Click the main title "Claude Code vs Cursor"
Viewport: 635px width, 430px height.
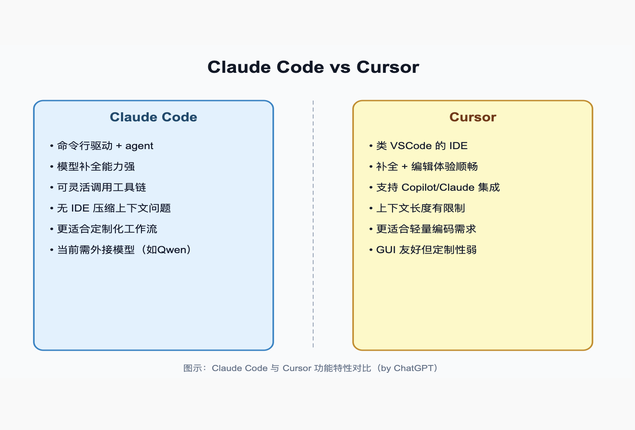(313, 67)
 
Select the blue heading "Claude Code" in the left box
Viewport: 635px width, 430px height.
(154, 117)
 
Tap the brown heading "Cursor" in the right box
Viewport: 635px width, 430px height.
(473, 117)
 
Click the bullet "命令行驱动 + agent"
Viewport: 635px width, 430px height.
(105, 146)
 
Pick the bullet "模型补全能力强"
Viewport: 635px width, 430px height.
(96, 166)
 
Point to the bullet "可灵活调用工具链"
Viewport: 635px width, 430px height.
(101, 187)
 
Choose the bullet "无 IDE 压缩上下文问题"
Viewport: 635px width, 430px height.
(114, 208)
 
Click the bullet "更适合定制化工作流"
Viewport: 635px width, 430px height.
(107, 229)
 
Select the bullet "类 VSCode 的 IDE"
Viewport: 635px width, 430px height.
(422, 146)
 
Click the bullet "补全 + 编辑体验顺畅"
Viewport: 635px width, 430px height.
(427, 166)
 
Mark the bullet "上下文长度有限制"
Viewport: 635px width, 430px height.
(420, 208)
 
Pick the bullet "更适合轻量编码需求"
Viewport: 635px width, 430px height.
(426, 229)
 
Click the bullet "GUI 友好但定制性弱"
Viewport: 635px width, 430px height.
(426, 250)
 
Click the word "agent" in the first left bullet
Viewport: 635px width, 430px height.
(139, 146)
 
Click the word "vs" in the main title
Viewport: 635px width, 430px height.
(340, 68)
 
